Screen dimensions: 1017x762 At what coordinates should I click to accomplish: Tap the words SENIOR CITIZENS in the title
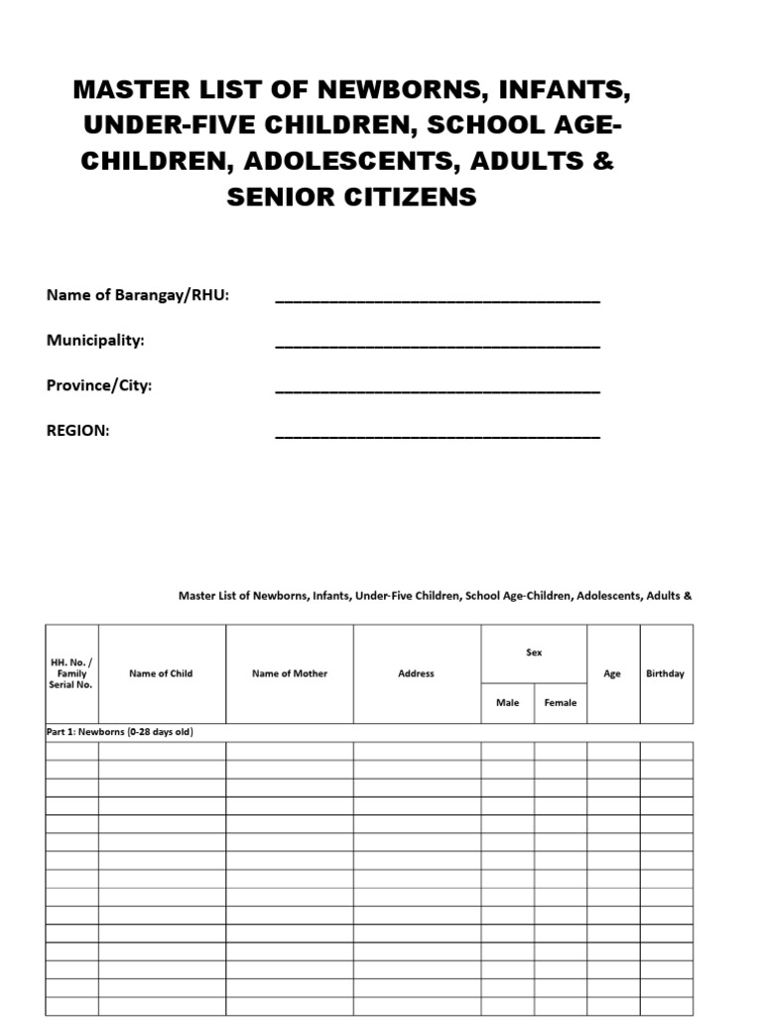[351, 198]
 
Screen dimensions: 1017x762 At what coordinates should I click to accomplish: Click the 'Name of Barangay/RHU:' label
[138, 296]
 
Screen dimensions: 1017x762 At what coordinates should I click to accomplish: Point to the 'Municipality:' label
[95, 341]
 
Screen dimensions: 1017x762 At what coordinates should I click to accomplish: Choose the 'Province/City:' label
[99, 385]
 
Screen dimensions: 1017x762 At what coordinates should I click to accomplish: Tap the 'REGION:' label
[78, 431]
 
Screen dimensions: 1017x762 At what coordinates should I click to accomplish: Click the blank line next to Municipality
[437, 345]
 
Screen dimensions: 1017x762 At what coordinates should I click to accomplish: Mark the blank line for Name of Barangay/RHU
[437, 300]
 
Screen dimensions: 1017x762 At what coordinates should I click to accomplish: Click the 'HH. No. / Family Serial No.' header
[71, 673]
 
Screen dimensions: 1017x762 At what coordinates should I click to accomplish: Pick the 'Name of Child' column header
[161, 673]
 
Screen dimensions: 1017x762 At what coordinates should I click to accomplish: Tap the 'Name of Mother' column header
[290, 673]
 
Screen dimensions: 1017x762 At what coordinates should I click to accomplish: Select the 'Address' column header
[416, 673]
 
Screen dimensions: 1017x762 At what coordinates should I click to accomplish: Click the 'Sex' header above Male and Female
[534, 653]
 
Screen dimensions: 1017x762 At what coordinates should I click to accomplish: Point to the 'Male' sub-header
[507, 703]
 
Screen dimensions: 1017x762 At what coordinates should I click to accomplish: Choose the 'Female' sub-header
[561, 703]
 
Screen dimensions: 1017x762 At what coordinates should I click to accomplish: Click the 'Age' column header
[612, 673]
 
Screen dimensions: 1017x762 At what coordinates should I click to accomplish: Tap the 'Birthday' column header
[665, 673]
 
